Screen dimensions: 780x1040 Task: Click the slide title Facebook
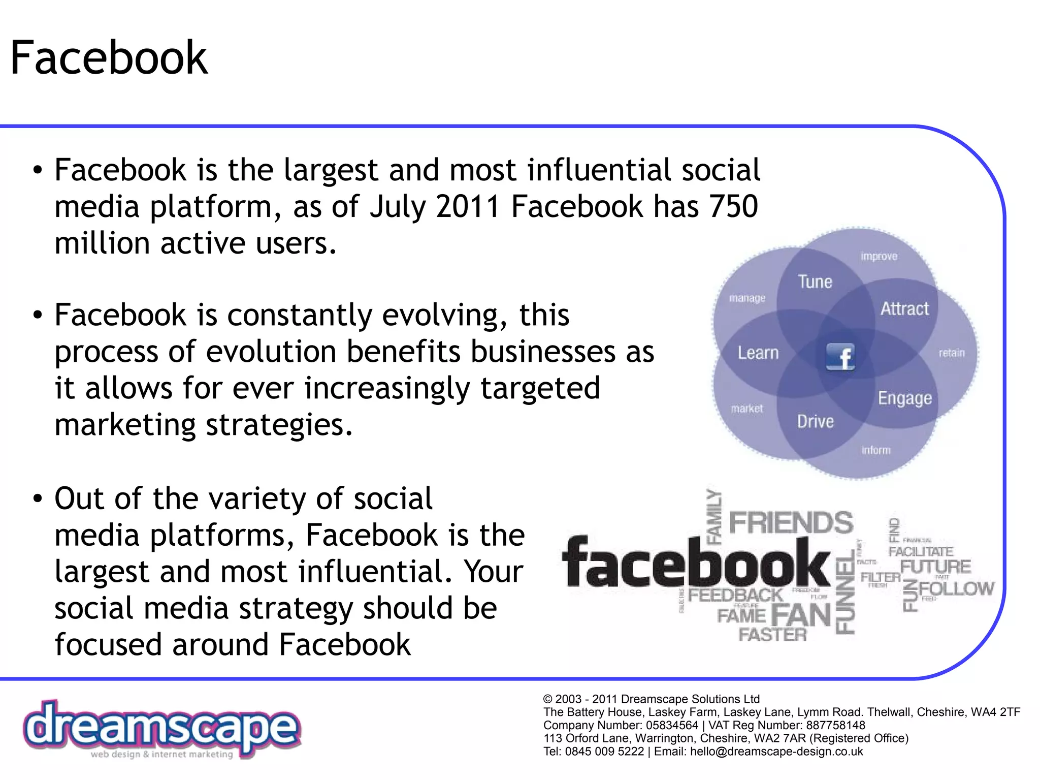pos(109,58)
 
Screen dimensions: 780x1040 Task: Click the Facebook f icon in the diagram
pos(840,356)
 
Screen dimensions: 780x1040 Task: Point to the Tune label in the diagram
pos(815,282)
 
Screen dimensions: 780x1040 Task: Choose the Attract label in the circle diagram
pos(904,309)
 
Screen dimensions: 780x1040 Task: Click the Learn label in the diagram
pos(758,353)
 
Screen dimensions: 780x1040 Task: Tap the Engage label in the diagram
pos(905,398)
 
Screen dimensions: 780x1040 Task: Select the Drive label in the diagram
pos(815,421)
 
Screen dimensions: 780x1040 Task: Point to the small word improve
pos(879,257)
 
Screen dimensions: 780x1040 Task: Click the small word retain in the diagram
pos(951,353)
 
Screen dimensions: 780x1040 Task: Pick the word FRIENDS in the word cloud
pos(791,523)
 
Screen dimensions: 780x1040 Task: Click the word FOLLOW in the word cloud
pos(956,589)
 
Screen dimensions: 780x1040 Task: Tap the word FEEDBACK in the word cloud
pos(735,595)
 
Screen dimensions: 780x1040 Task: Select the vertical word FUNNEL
pos(846,595)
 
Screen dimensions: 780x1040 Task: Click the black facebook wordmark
pos(696,563)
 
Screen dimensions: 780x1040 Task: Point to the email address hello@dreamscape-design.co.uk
pos(776,752)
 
